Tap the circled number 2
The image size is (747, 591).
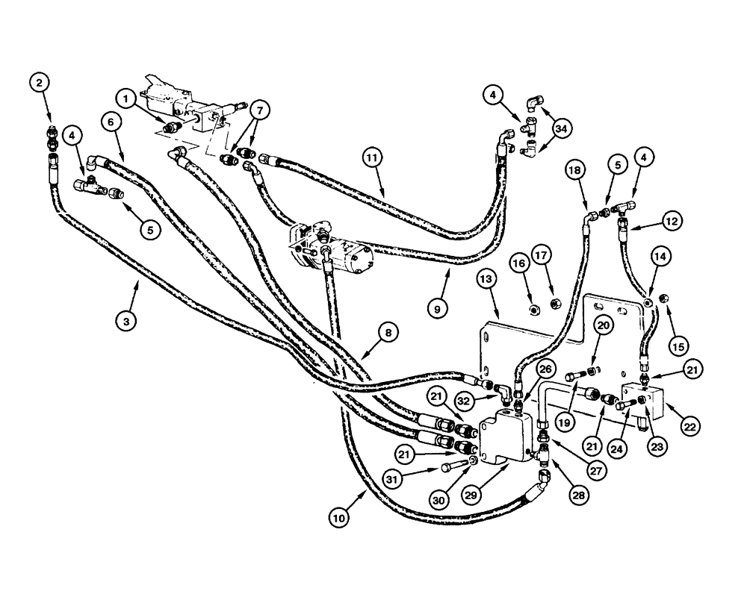point(40,82)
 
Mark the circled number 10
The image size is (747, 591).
point(339,516)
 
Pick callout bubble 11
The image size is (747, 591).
point(373,157)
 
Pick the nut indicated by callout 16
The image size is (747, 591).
point(533,310)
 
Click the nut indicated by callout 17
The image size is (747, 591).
point(556,303)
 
